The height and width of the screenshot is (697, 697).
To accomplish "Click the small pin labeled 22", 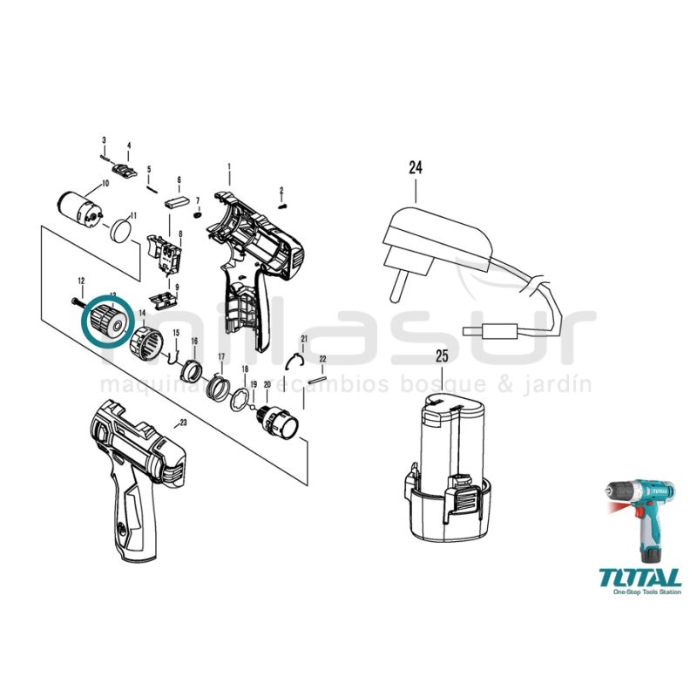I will click(321, 376).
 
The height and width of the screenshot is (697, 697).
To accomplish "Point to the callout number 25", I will click(443, 356).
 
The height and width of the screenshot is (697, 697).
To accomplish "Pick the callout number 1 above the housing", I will click(229, 166).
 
